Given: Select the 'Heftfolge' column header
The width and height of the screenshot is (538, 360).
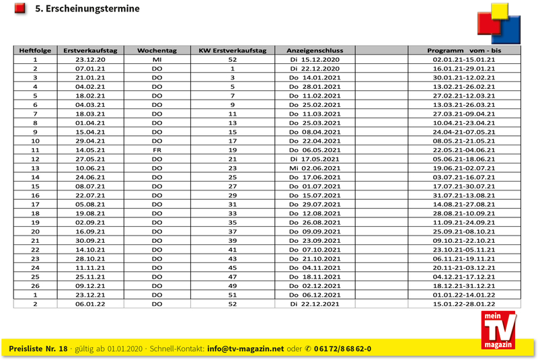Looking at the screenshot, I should [35, 50].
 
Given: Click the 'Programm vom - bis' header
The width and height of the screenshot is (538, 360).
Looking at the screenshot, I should [464, 50].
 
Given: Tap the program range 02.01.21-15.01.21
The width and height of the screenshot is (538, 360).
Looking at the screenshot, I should [464, 59].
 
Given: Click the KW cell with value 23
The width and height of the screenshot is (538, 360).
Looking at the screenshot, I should [233, 168].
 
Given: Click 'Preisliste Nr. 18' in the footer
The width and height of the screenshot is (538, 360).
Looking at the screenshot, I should [38, 349].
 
